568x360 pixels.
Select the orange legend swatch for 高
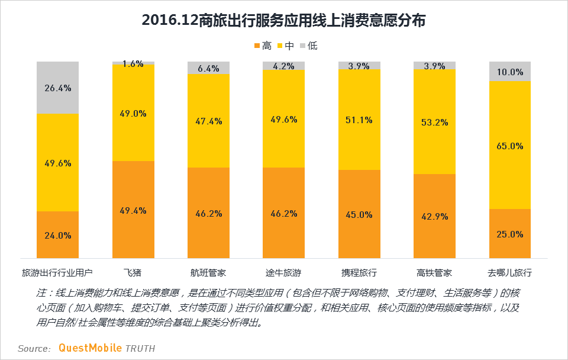[x=257, y=46]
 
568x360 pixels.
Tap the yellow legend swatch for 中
[x=279, y=46]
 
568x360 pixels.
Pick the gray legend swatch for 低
[x=302, y=46]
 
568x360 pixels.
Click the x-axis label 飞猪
[x=133, y=273]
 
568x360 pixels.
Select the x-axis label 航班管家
[x=208, y=273]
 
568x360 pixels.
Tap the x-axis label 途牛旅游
[x=283, y=273]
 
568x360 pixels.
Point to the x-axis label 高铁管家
[x=434, y=273]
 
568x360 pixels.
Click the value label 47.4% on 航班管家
[x=208, y=121]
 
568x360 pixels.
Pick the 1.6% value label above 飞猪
[x=133, y=64]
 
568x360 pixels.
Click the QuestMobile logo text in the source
[x=90, y=348]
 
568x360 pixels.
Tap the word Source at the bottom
[x=34, y=349]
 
